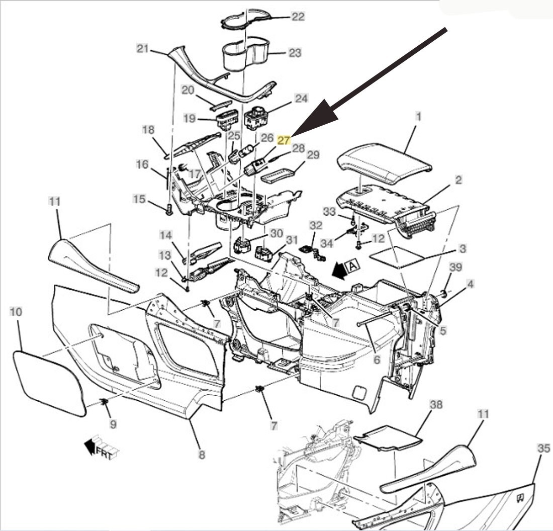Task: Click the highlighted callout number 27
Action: pos(284,140)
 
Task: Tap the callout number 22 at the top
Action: pos(298,17)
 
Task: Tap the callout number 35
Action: pos(543,449)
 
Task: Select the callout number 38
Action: pos(437,404)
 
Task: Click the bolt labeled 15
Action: pos(169,210)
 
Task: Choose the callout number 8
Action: pos(201,455)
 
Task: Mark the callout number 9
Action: pos(113,424)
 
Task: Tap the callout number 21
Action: pos(143,48)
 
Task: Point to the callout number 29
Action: pos(313,155)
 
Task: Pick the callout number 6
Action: pos(377,360)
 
